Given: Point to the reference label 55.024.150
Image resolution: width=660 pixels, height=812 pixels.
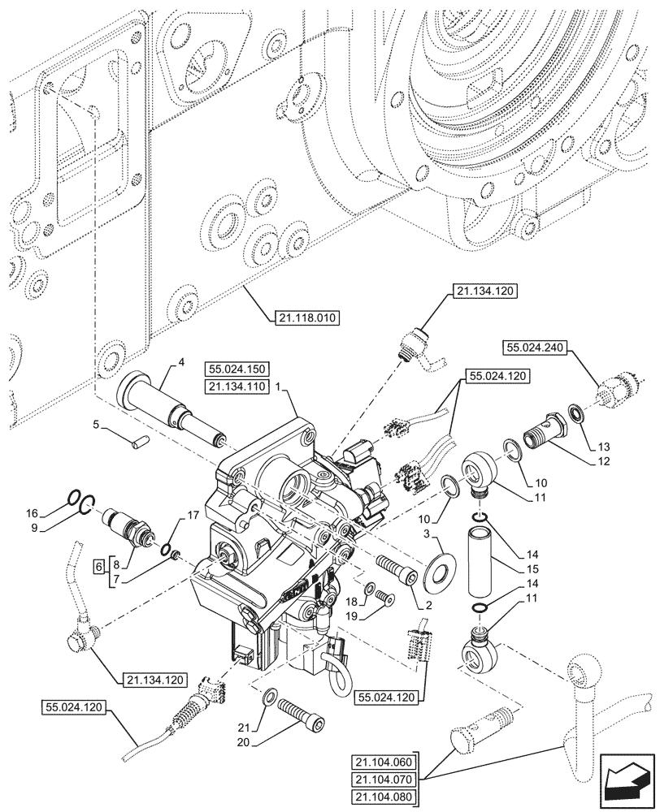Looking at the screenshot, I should [237, 369].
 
